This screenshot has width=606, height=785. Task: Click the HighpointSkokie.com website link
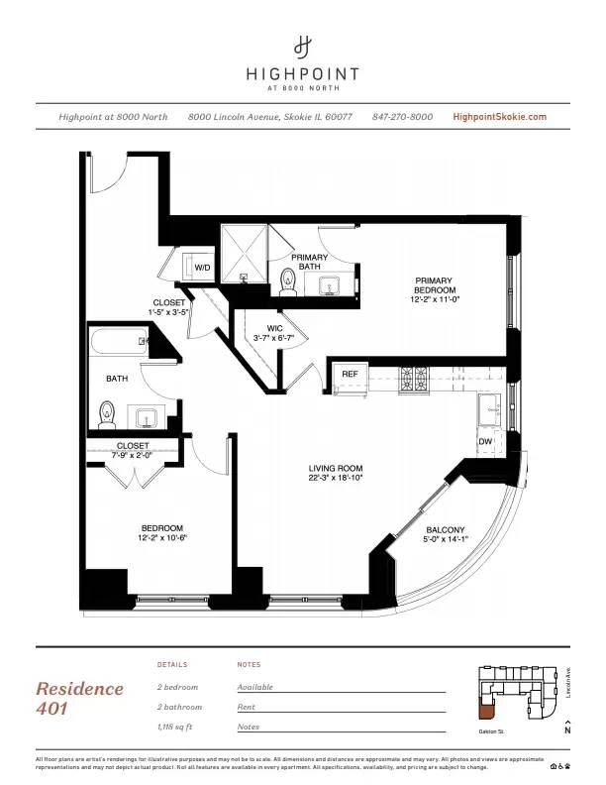click(x=499, y=117)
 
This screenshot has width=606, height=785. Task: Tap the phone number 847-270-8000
click(x=402, y=117)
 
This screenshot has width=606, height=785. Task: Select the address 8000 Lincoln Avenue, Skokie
click(x=270, y=117)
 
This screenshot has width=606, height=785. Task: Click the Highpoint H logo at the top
click(x=303, y=47)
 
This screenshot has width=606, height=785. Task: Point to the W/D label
click(x=202, y=268)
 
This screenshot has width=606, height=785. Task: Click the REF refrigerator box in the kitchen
click(x=350, y=375)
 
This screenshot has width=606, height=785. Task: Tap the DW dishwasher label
click(x=485, y=441)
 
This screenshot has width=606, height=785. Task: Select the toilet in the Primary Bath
click(x=289, y=283)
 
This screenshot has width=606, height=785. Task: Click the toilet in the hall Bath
click(x=108, y=412)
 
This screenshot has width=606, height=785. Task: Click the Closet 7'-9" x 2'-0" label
click(x=133, y=450)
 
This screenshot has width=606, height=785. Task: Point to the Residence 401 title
click(x=80, y=698)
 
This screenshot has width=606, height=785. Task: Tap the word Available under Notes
click(x=255, y=687)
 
